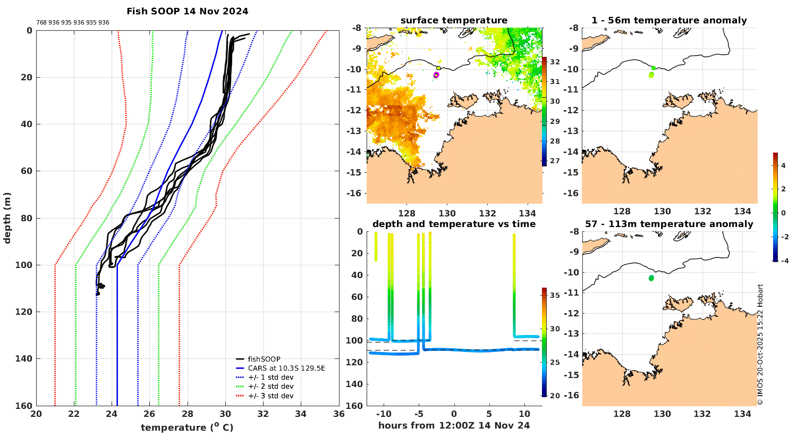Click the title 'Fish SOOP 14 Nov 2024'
[187, 11]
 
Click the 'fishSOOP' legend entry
[264, 359]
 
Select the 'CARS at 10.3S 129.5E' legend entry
[286, 368]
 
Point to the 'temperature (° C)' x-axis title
[187, 427]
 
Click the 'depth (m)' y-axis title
[7, 218]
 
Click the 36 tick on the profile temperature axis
[338, 415]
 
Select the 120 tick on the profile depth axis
[25, 312]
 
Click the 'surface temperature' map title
[454, 21]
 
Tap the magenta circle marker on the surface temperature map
[436, 75]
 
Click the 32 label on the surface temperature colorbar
[555, 62]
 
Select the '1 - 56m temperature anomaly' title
[669, 21]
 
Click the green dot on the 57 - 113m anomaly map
[651, 278]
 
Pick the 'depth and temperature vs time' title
[454, 224]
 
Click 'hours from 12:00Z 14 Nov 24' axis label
[454, 425]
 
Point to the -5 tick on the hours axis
[419, 414]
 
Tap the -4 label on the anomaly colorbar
[783, 261]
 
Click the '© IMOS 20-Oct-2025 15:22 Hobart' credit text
[760, 345]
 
